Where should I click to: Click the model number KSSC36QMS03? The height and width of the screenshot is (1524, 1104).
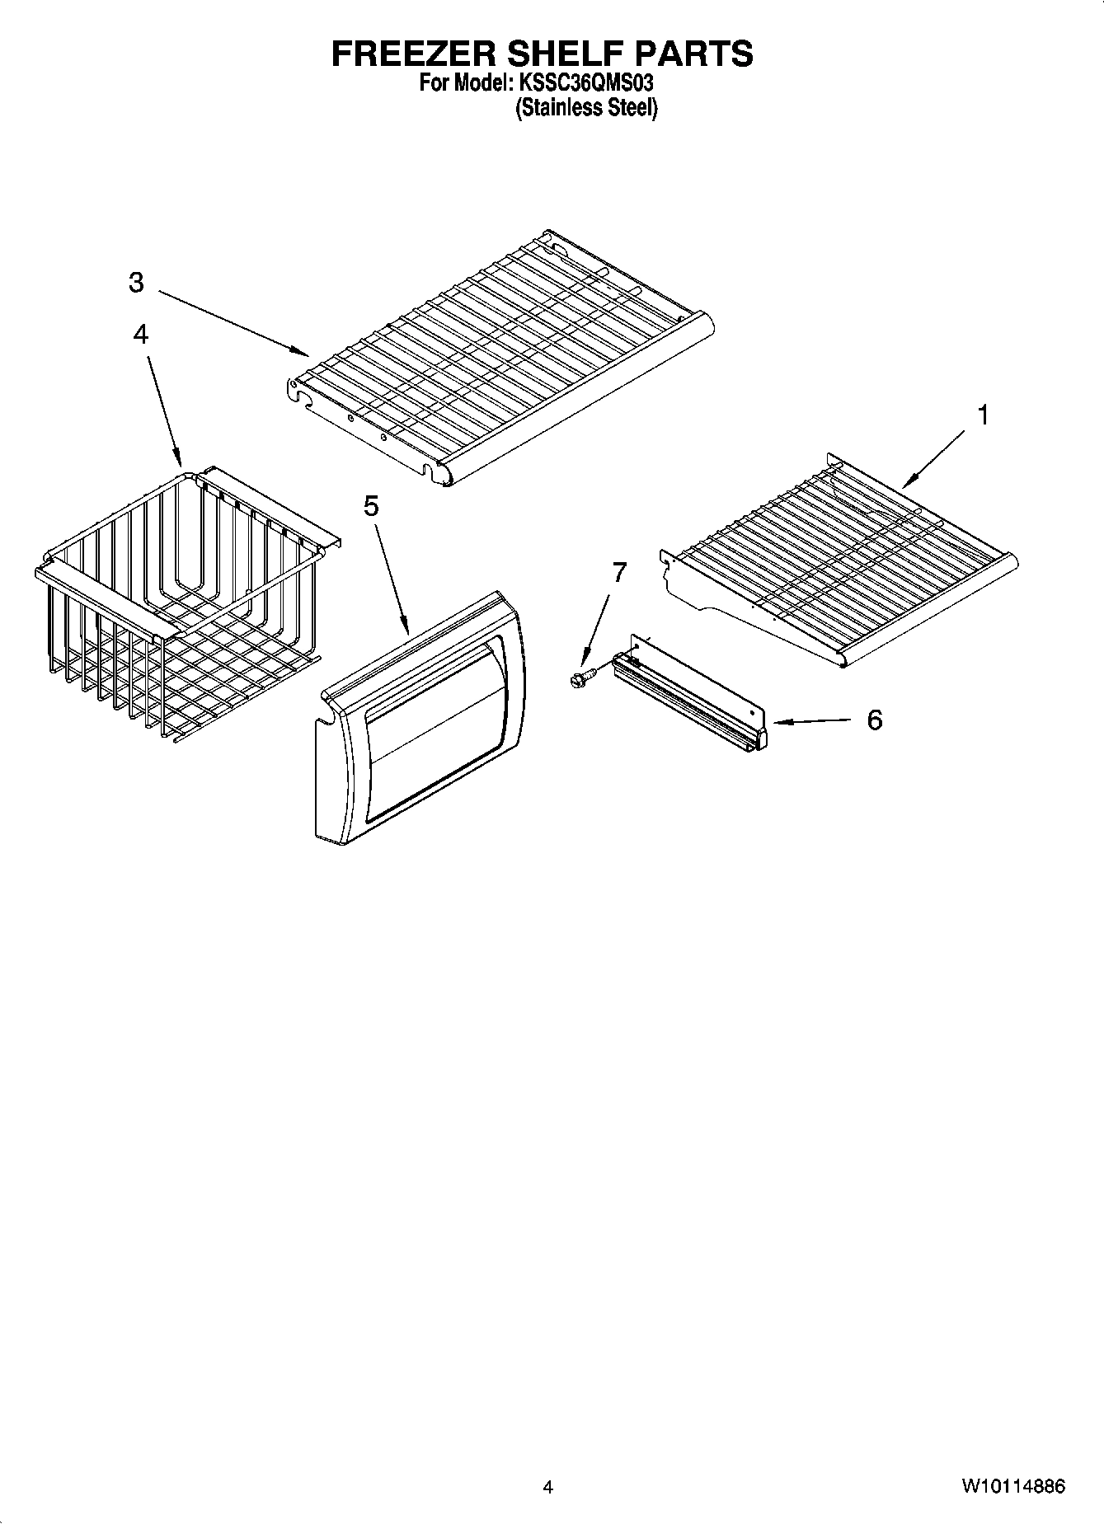click(x=586, y=83)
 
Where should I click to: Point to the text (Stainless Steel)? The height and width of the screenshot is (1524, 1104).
click(x=586, y=108)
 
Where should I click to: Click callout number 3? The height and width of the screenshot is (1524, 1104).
click(x=136, y=283)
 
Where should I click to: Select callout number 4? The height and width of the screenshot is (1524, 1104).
click(x=141, y=334)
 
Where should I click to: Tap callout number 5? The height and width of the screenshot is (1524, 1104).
click(x=371, y=506)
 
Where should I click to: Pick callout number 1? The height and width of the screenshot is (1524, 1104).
click(x=982, y=415)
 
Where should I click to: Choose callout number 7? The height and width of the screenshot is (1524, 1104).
click(x=618, y=572)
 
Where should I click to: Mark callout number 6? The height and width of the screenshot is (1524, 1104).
click(x=874, y=720)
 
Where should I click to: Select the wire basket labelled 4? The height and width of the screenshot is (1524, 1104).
click(x=181, y=602)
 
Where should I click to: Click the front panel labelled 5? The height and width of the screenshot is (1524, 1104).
click(x=420, y=717)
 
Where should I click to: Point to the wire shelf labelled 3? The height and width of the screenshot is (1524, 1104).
click(x=503, y=363)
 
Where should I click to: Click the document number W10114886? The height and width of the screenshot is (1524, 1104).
click(x=1012, y=1487)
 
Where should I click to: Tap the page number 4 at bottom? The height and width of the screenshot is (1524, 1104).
click(x=547, y=1487)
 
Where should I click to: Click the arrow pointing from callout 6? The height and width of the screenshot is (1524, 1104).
click(x=812, y=722)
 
